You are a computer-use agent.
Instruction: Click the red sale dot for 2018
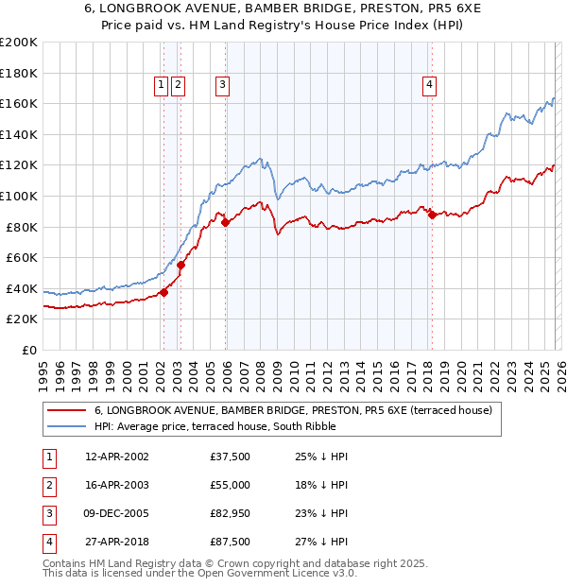[432, 215]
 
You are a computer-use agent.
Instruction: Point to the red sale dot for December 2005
[226, 223]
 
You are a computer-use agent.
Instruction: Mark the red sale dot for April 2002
[164, 292]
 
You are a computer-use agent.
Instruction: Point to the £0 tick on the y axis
[28, 350]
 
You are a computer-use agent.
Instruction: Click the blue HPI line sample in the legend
[67, 426]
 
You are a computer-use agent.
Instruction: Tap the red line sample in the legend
[67, 411]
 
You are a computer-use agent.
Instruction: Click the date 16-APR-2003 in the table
[116, 485]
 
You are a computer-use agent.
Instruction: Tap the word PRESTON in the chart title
[368, 9]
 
